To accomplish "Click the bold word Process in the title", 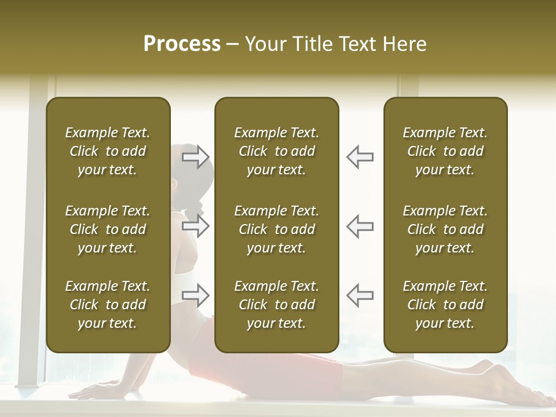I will pyautogui.click(x=182, y=44).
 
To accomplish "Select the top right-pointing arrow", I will pyautogui.click(x=196, y=156).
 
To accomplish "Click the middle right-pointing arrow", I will pyautogui.click(x=196, y=225).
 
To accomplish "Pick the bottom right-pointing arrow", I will pyautogui.click(x=196, y=295).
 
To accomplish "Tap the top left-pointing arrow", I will pyautogui.click(x=360, y=156).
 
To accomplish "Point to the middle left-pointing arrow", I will pyautogui.click(x=360, y=225).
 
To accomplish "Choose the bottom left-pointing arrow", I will pyautogui.click(x=360, y=295).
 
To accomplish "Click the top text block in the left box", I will pyautogui.click(x=108, y=151).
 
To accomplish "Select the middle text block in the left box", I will pyautogui.click(x=108, y=229).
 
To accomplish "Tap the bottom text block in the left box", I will pyautogui.click(x=108, y=305).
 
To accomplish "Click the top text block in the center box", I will pyautogui.click(x=276, y=151).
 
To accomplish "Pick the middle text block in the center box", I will pyautogui.click(x=276, y=229).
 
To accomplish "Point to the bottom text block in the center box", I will pyautogui.click(x=276, y=305).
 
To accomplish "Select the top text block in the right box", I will pyautogui.click(x=445, y=151).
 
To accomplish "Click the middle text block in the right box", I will pyautogui.click(x=445, y=229).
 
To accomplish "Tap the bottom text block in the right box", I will pyautogui.click(x=445, y=305).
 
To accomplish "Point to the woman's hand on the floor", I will pyautogui.click(x=98, y=389).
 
